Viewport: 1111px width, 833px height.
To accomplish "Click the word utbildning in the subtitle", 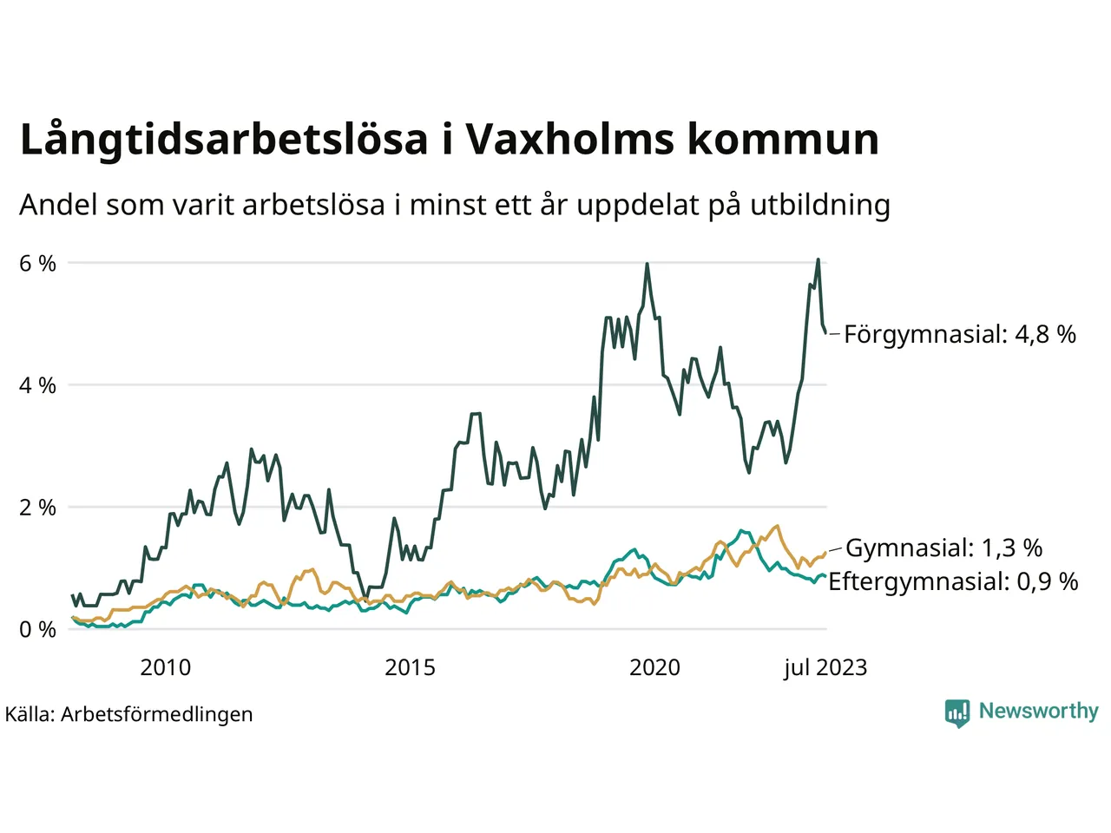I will click(820, 206).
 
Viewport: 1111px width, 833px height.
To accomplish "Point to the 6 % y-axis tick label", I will click(37, 264).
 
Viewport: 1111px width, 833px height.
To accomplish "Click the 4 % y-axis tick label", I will click(37, 385).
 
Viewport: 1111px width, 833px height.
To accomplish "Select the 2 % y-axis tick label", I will click(37, 508).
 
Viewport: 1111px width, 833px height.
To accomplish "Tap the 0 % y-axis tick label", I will click(37, 630).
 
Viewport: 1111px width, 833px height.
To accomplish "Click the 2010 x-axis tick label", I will click(165, 667).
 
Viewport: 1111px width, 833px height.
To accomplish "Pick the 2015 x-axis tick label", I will click(410, 667).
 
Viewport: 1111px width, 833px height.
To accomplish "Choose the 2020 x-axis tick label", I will click(654, 667).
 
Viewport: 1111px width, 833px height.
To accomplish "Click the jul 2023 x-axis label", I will click(825, 667).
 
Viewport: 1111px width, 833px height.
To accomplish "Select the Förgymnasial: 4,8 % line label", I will click(959, 334).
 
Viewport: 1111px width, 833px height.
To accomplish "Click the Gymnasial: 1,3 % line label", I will click(943, 548).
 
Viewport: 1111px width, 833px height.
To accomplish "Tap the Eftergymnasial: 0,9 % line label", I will click(953, 581).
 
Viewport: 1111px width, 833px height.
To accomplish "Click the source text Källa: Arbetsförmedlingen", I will click(129, 714).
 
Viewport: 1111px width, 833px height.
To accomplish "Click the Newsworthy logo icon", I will click(957, 712).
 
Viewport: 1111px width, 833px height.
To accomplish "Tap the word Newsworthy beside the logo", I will click(1038, 711).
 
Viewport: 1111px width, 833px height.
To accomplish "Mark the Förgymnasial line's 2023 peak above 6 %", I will click(818, 259).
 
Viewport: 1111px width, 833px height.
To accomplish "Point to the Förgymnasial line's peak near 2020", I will click(647, 264).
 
